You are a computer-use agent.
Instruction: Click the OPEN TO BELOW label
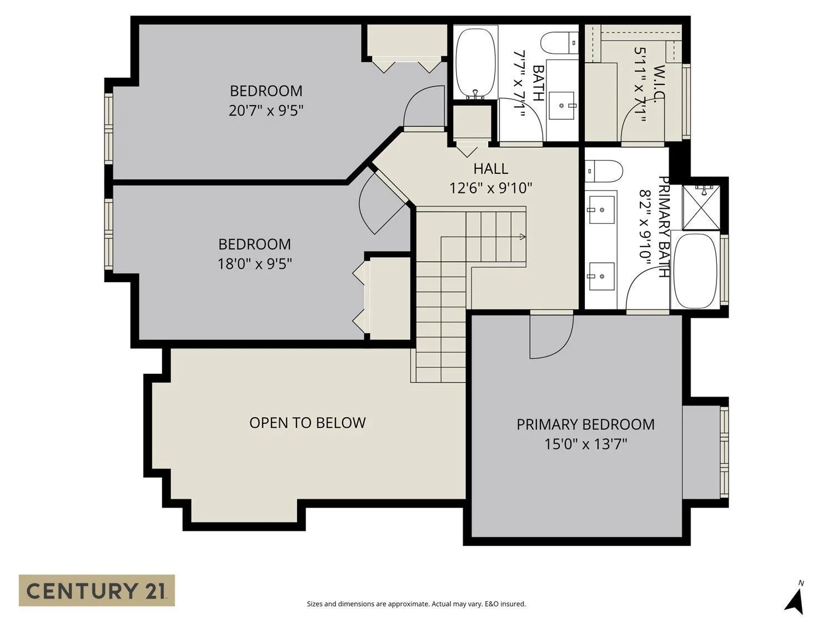(x=308, y=423)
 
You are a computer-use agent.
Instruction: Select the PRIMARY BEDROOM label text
(x=585, y=424)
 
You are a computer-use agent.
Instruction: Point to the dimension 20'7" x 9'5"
(x=266, y=111)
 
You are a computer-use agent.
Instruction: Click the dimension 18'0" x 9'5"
(x=255, y=264)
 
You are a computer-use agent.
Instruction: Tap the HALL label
(x=491, y=168)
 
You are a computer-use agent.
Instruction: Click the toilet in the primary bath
(x=604, y=171)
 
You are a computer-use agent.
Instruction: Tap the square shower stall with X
(x=701, y=207)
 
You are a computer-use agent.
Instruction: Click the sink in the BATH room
(x=561, y=105)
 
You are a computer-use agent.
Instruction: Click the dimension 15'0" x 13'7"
(x=585, y=443)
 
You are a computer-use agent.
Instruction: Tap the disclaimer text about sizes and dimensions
(x=416, y=604)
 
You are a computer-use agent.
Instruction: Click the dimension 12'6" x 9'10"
(x=491, y=188)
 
